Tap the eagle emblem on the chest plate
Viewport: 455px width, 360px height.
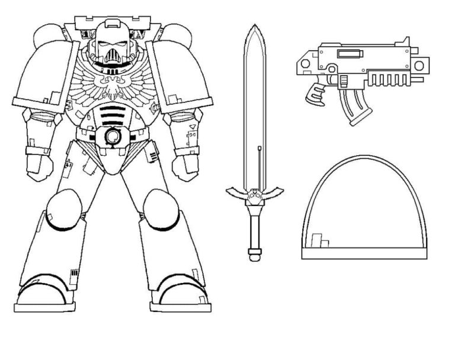tap(111, 85)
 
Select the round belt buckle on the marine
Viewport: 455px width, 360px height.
tap(111, 137)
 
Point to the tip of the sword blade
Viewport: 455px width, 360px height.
tap(254, 27)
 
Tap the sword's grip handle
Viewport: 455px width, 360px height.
tap(254, 228)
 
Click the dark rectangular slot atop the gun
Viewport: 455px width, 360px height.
tap(350, 54)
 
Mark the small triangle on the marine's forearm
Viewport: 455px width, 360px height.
tap(193, 127)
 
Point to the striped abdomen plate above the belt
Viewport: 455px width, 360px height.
tap(111, 114)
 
